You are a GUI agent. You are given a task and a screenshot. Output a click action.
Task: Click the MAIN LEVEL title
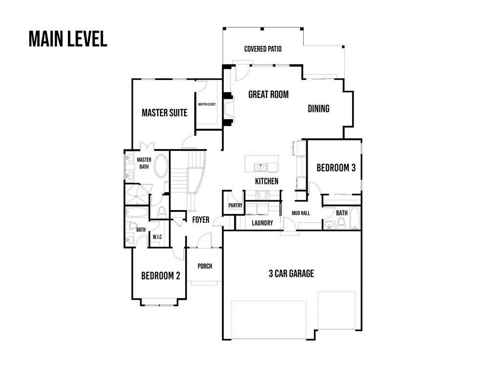(x=68, y=39)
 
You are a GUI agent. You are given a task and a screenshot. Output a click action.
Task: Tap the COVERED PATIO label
(x=263, y=49)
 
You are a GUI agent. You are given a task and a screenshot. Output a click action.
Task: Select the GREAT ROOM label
(x=268, y=95)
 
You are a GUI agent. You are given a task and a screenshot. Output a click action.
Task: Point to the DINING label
(x=318, y=108)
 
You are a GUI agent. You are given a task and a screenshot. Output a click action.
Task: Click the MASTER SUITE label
(x=165, y=113)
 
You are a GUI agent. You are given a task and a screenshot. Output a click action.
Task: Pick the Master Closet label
(x=207, y=104)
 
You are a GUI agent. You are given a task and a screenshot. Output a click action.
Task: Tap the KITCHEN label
(x=267, y=181)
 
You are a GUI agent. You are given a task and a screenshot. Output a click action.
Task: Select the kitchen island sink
(x=260, y=168)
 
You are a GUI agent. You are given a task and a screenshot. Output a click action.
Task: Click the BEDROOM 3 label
(x=336, y=168)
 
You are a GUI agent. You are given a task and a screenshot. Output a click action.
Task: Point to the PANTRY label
(x=235, y=206)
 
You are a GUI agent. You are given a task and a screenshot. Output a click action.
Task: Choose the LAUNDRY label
(x=262, y=223)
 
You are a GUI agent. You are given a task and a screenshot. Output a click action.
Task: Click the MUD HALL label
(x=301, y=213)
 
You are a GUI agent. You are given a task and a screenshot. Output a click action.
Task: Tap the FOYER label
(x=200, y=220)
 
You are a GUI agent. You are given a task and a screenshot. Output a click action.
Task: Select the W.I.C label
(x=157, y=237)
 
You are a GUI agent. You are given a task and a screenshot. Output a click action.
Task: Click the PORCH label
(x=205, y=266)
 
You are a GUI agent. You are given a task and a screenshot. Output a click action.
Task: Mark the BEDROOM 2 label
(x=161, y=276)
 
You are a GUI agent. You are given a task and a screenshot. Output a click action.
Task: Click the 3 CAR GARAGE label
(x=291, y=273)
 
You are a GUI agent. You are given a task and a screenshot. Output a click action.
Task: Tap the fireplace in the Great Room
(x=228, y=110)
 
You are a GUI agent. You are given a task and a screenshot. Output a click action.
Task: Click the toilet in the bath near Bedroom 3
(x=341, y=223)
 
